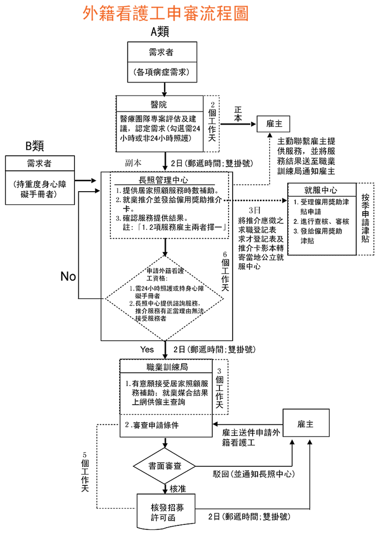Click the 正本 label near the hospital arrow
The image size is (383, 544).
237,113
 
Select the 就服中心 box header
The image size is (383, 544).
321,191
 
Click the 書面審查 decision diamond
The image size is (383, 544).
164,465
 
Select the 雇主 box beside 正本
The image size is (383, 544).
274,124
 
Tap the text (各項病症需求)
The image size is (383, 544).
163,72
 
